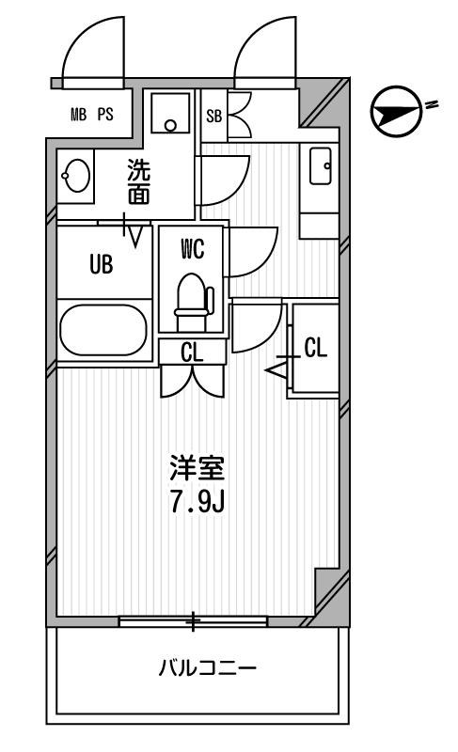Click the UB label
pos(101,265)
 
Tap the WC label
pos(192,249)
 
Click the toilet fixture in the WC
pos(192,296)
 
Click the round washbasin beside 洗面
pos(76,174)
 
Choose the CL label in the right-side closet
pos(315,348)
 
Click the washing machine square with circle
pos(170,115)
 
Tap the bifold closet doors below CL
pos(192,379)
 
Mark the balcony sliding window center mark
pos(194,620)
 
